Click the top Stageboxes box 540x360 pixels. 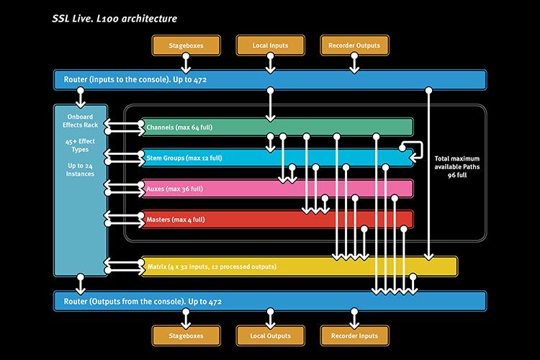(186, 45)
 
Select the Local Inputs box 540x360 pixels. (270, 45)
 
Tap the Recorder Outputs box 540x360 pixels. (354, 45)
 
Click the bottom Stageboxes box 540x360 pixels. (186, 336)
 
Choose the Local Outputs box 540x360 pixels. (270, 336)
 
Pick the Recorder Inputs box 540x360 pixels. (354, 336)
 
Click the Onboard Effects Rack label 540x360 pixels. (80, 121)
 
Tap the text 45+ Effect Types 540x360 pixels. (80, 145)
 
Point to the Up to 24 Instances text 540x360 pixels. (80, 170)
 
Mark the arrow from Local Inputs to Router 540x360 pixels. (270, 63)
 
